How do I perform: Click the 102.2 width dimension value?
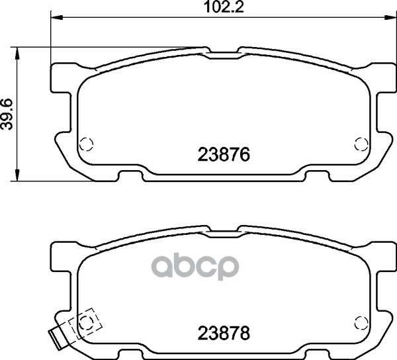pyautogui.click(x=224, y=7)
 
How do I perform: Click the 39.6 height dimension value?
pyautogui.click(x=7, y=114)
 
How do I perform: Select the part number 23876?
pyautogui.click(x=224, y=154)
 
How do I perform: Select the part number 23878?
pyautogui.click(x=224, y=333)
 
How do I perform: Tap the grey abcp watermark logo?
pyautogui.click(x=195, y=268)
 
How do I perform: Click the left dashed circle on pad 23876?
pyautogui.click(x=86, y=144)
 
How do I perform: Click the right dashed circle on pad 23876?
pyautogui.click(x=361, y=144)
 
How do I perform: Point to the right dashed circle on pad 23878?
pyautogui.click(x=361, y=322)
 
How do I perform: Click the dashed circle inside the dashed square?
pyautogui.click(x=86, y=322)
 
